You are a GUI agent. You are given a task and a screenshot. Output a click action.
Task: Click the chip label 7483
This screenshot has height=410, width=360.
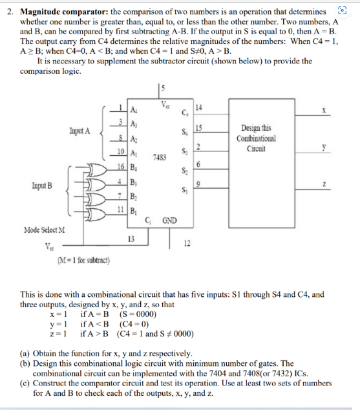coord(160,156)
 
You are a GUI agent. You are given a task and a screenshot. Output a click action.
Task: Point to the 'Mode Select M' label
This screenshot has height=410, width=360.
coord(47,230)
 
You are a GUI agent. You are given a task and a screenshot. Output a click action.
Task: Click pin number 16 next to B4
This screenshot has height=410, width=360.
coord(121,166)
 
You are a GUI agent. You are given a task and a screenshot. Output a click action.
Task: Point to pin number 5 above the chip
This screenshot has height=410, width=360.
coord(163,88)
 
